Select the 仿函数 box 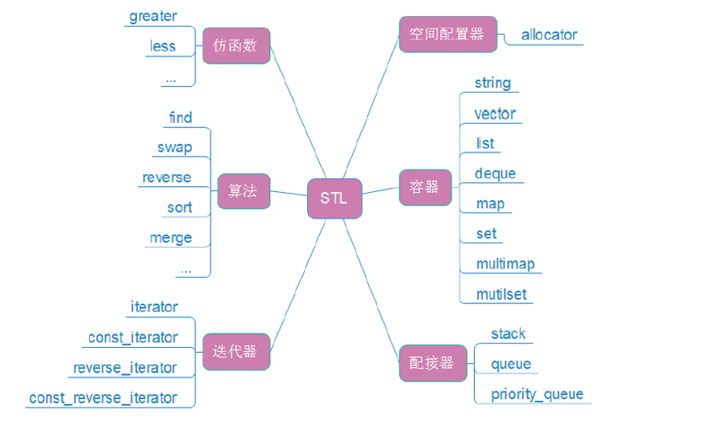236,45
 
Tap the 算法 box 243,191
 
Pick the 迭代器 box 236,352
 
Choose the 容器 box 424,187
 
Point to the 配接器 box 432,362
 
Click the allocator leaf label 549,35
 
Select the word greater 153,16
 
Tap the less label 162,46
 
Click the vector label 495,114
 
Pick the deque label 495,173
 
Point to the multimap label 505,264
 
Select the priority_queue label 537,394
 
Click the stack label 509,334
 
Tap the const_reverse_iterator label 104,398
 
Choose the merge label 171,238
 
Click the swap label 174,147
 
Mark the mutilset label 502,295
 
